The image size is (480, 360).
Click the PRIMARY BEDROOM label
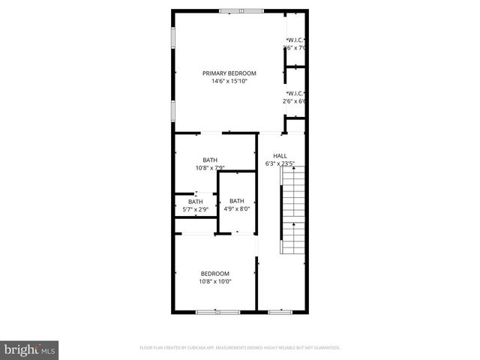[229, 73]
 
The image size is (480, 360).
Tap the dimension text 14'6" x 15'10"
[229, 81]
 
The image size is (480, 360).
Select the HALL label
[280, 155]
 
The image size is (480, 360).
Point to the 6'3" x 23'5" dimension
[280, 163]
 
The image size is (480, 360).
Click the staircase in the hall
[292, 210]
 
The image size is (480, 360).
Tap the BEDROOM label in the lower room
[215, 274]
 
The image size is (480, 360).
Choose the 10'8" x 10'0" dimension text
[215, 282]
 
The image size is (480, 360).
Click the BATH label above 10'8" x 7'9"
[210, 160]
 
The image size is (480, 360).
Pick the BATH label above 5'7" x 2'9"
[195, 202]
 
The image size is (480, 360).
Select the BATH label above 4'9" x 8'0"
[236, 201]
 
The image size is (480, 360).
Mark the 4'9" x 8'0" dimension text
[236, 209]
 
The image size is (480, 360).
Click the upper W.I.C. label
[296, 40]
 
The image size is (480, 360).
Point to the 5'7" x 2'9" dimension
[195, 210]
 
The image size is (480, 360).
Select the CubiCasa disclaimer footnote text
[240, 348]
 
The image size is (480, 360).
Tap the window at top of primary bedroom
[241, 10]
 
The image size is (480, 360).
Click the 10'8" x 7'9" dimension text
[210, 168]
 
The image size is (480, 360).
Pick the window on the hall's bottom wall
[280, 311]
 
